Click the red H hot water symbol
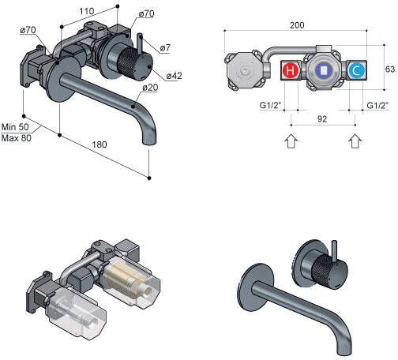tap(291, 71)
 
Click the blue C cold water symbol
tap(357, 71)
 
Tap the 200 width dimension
tap(297, 25)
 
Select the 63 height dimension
tap(390, 69)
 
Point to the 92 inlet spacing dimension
tap(322, 119)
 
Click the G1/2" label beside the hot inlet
tap(270, 105)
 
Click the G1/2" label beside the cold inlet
tap(377, 106)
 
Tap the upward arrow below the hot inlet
tap(291, 141)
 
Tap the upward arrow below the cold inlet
tap(355, 141)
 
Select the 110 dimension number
tap(87, 11)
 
